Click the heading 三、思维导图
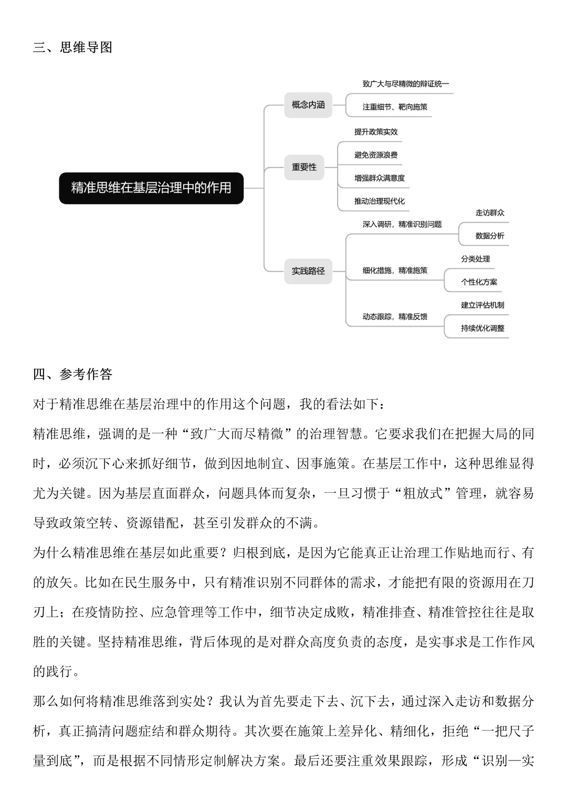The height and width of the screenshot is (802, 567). pos(72,48)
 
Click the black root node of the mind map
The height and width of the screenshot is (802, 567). pos(151,188)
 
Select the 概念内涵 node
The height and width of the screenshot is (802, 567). pos(308,105)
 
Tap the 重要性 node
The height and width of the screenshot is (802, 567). pos(304,167)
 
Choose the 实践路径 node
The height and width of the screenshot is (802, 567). pos(308,271)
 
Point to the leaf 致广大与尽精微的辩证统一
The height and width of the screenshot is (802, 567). pos(405,84)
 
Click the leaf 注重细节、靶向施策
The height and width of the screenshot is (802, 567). pos(395,107)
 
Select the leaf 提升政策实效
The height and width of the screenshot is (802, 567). pos(376,132)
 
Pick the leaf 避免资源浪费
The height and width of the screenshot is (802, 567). pos(376,155)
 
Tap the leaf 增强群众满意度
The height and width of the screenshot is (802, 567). pos(380,178)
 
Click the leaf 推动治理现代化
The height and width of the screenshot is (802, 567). pos(380,201)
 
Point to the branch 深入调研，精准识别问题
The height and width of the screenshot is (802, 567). pos(402,224)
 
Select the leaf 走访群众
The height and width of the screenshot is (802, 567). pos(490,213)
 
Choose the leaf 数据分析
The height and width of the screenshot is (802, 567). pos(490,236)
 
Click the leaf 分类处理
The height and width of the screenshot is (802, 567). pos(476,259)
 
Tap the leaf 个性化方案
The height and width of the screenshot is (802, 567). pos(479,282)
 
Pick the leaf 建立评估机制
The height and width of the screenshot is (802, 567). pos(482,305)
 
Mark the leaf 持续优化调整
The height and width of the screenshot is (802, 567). pos(482,328)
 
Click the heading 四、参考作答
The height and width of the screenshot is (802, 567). pos(72,374)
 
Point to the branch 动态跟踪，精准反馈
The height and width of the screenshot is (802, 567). pos(395,317)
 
